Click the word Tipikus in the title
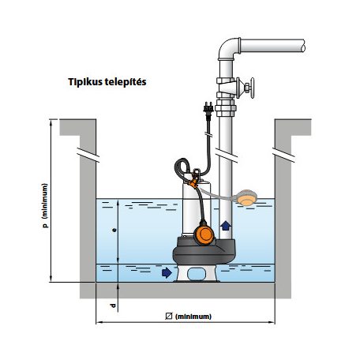[85, 82]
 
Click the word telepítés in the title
[126, 82]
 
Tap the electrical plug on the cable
[208, 111]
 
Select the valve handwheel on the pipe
[252, 88]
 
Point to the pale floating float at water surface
[246, 198]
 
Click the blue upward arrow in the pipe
[226, 226]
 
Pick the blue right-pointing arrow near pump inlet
[167, 272]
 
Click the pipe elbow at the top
[227, 48]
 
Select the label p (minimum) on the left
[45, 205]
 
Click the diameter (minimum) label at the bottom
[188, 317]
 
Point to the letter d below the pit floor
[113, 306]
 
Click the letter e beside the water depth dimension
[114, 230]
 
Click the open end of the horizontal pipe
[303, 46]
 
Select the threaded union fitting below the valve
[226, 107]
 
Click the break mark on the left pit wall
[88, 155]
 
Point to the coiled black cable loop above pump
[182, 168]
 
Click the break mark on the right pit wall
[283, 155]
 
